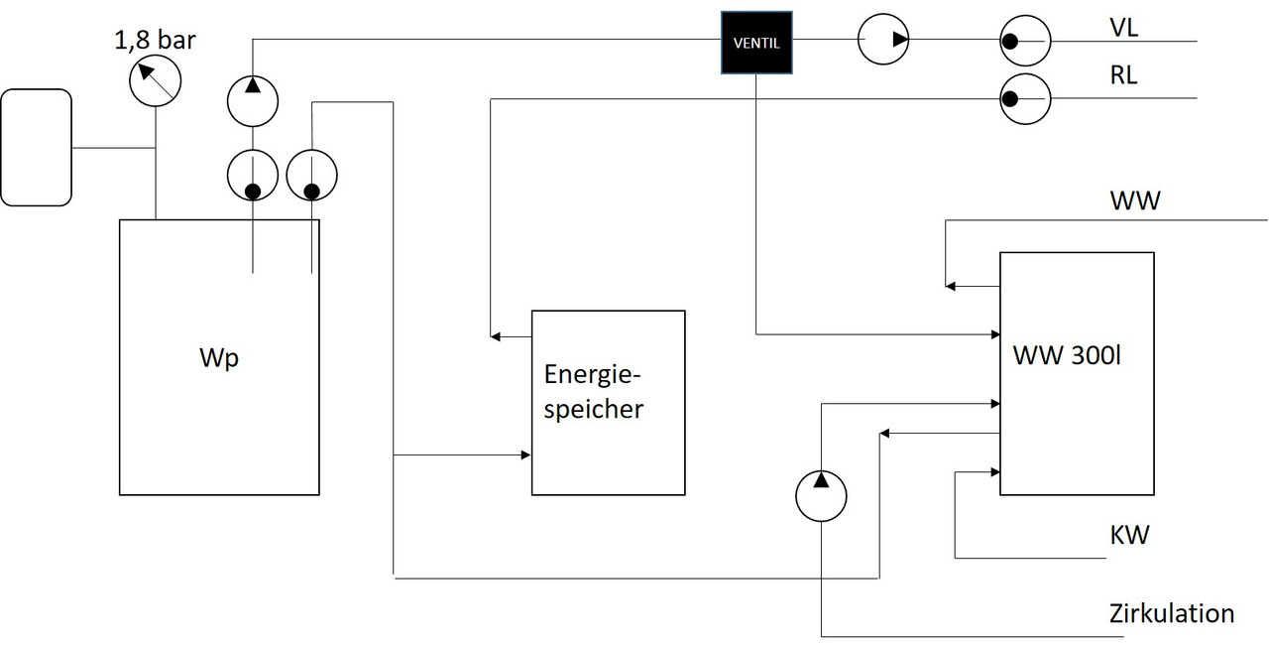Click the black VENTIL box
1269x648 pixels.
[x=756, y=43]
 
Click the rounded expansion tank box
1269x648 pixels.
[x=37, y=147]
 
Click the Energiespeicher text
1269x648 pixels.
[x=594, y=391]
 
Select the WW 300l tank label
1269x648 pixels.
[x=1067, y=355]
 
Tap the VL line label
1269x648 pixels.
[x=1124, y=27]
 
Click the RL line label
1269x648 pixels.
[x=1124, y=75]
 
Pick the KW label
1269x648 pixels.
[x=1129, y=536]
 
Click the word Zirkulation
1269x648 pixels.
[x=1172, y=613]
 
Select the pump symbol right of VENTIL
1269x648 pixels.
[x=883, y=41]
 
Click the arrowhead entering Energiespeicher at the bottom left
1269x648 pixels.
[x=525, y=455]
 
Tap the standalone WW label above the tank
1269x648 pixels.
[x=1135, y=201]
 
